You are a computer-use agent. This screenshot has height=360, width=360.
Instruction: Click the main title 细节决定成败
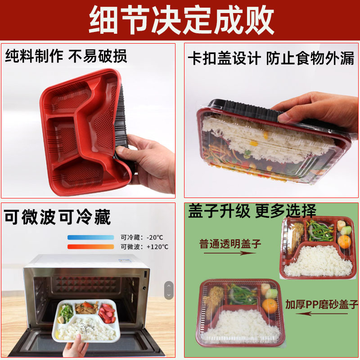coord(181,20)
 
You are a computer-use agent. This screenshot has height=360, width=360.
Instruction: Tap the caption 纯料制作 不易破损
coord(66,56)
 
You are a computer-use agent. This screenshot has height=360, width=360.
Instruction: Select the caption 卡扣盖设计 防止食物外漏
coord(271,58)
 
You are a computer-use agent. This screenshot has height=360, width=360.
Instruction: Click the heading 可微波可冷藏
coord(58,217)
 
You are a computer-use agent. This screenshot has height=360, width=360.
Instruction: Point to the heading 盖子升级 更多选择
coord(252,211)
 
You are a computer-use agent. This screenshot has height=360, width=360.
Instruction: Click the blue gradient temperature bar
coord(91,238)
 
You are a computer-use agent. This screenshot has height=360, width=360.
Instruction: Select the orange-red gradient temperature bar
coord(91,247)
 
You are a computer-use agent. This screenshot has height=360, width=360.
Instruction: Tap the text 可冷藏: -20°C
coord(142,238)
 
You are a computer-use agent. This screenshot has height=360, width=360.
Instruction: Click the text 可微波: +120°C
coord(144,247)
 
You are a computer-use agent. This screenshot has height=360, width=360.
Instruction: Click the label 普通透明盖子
coord(230,243)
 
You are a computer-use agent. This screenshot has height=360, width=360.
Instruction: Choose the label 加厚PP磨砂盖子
coord(322,305)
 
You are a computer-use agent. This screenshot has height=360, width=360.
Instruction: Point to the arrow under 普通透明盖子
coord(230,253)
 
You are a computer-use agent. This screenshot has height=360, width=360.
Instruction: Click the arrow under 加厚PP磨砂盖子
coord(322,314)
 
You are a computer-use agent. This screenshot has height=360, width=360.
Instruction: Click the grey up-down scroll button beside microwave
coord(169,290)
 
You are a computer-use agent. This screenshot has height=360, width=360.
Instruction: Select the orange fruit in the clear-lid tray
coord(344,242)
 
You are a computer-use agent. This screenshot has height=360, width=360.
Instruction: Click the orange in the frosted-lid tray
coord(270,306)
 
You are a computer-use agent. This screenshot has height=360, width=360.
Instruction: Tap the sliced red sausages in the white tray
coord(107,313)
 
